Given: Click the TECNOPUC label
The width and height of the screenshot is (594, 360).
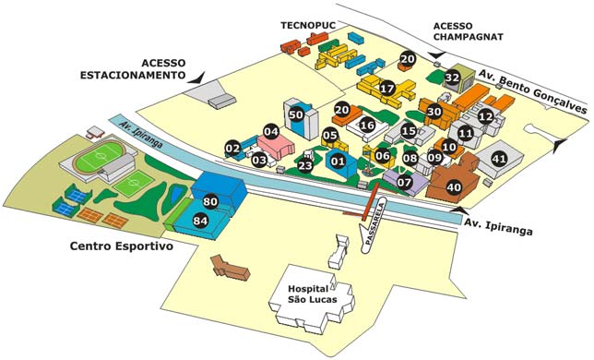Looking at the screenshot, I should [312, 24].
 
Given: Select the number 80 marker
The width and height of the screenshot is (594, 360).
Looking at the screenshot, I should [209, 200].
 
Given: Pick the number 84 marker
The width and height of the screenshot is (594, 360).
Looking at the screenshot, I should [200, 221].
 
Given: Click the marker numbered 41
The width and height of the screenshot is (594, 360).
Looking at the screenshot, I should [499, 159].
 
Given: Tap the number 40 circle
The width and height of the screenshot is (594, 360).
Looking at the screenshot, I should [453, 187].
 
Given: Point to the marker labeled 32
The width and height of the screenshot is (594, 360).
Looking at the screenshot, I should [452, 78].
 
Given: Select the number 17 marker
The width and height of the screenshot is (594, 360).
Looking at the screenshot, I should [387, 89].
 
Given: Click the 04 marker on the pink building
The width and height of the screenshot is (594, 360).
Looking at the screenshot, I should [271, 131].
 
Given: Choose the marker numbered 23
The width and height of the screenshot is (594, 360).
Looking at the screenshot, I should [305, 166].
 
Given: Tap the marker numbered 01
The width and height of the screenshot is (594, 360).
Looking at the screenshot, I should [338, 162].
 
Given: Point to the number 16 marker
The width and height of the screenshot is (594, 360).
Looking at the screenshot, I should [367, 125].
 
